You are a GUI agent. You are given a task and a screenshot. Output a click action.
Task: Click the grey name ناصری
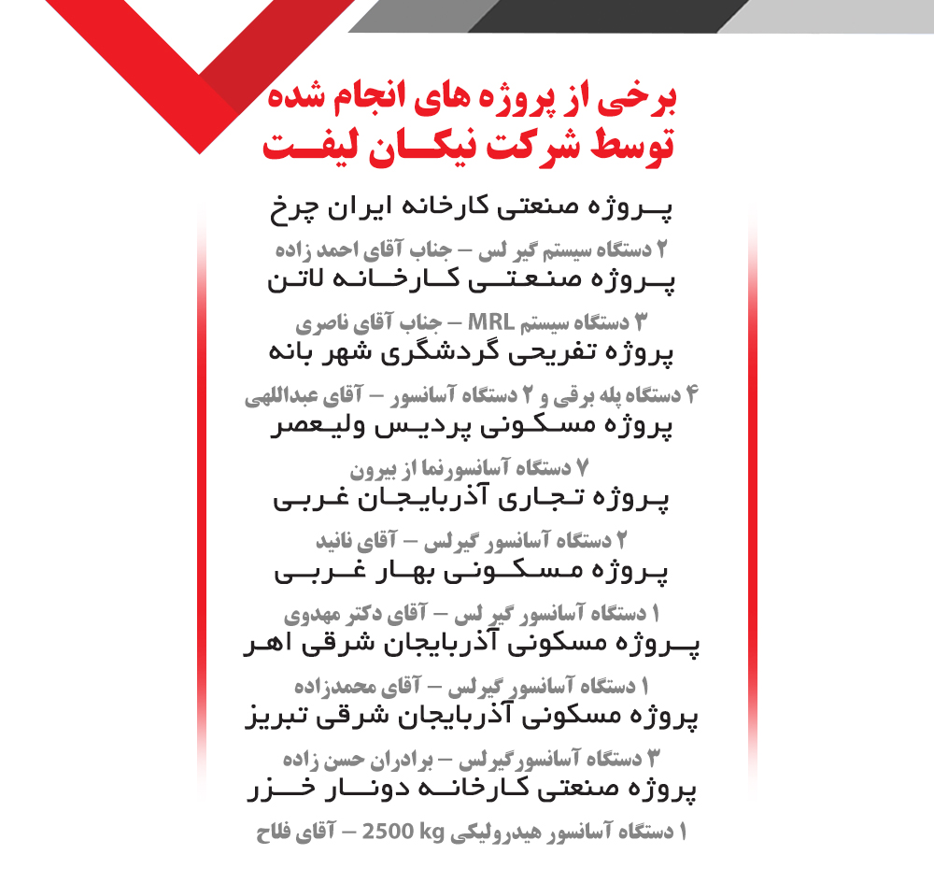[x=323, y=323]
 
